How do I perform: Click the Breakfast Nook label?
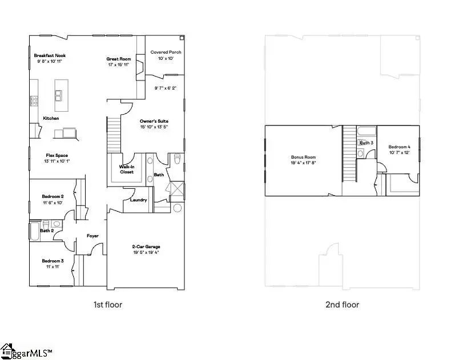pos(50,55)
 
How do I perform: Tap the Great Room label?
pos(119,59)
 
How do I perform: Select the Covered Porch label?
pos(166,52)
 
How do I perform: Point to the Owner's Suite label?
pos(154,122)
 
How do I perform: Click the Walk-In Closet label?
pos(126,169)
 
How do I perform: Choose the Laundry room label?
pos(139,200)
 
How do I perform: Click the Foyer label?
pos(92,235)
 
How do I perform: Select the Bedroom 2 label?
pos(54,196)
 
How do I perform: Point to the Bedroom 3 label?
pos(53,261)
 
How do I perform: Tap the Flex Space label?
pos(57,155)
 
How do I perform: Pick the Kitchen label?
pos(51,118)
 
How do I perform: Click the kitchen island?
pos(59,101)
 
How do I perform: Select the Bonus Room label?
pos(303,157)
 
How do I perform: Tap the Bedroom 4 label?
pos(400,147)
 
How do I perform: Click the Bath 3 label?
pos(367,143)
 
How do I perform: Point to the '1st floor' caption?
pos(108,305)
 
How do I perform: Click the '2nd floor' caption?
pos(342,305)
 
